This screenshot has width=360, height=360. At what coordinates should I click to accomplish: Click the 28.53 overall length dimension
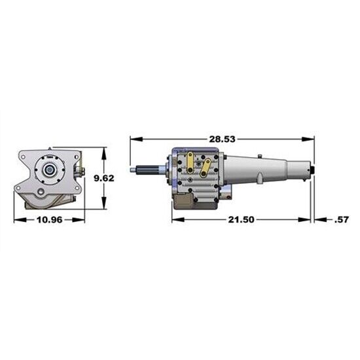tap(222, 139)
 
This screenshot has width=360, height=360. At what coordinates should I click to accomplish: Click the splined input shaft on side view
tap(150, 172)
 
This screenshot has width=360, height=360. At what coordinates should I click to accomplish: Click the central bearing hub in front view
tap(49, 170)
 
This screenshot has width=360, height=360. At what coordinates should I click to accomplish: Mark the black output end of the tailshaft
tap(312, 171)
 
